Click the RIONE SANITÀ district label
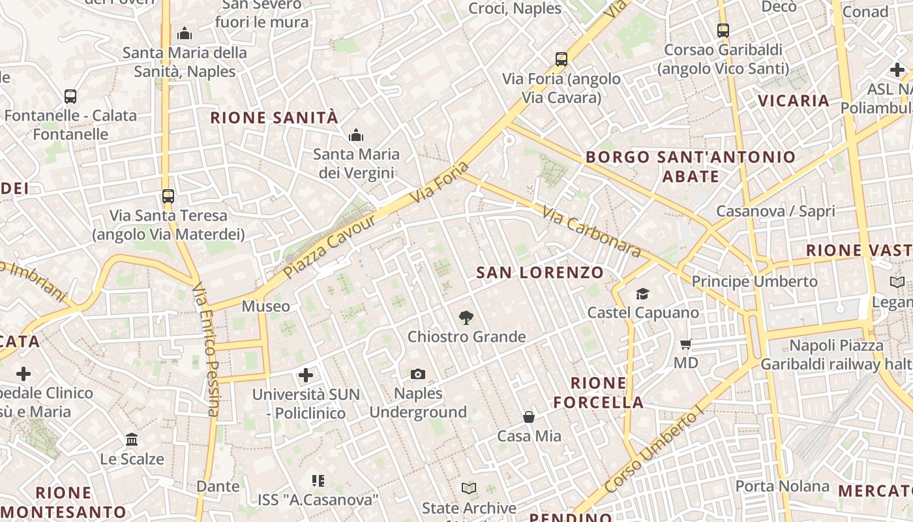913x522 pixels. (x=274, y=118)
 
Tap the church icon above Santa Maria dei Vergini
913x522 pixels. (x=356, y=136)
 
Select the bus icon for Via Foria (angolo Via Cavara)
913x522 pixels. (x=561, y=59)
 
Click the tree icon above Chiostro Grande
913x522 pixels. (x=466, y=318)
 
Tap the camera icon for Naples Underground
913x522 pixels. (x=418, y=374)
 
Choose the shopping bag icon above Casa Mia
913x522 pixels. (x=529, y=416)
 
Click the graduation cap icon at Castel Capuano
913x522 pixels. (x=643, y=294)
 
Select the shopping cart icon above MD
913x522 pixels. (x=685, y=344)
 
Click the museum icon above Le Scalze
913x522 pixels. (x=132, y=439)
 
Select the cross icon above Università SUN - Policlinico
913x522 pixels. (x=306, y=375)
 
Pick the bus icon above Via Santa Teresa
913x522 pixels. (x=168, y=196)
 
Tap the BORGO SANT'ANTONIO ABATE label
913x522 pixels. (x=691, y=166)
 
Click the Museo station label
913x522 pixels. (x=266, y=306)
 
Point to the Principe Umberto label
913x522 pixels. (x=755, y=281)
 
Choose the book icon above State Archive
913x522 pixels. (x=469, y=488)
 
